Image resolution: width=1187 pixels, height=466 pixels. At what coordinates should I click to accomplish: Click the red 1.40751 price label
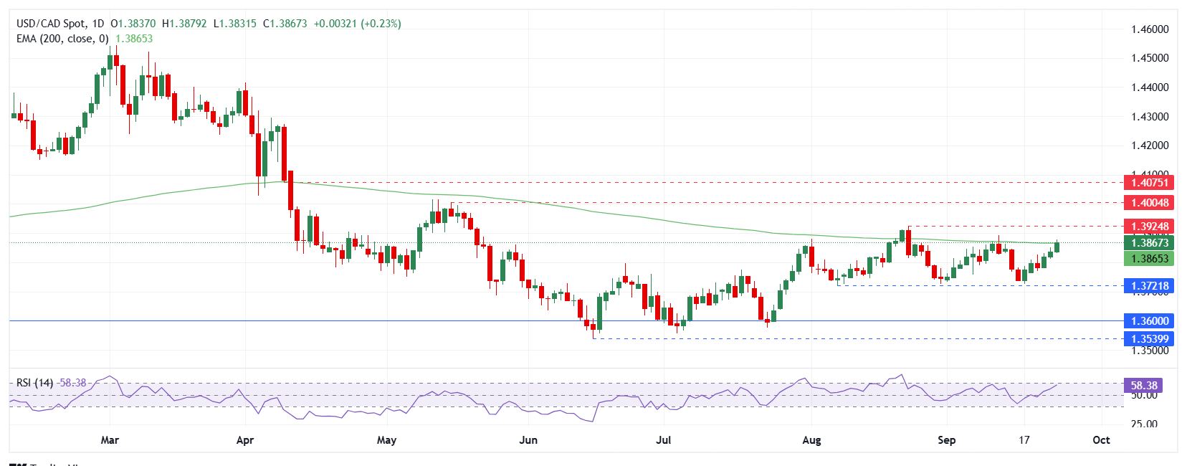coord(1149,183)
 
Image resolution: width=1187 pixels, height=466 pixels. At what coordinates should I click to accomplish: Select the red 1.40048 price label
coord(1149,203)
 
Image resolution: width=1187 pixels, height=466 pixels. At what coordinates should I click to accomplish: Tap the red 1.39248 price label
coord(1149,227)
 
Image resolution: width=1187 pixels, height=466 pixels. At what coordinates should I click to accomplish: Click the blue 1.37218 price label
coord(1149,286)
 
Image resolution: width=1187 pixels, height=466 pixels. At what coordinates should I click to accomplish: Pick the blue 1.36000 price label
coord(1149,321)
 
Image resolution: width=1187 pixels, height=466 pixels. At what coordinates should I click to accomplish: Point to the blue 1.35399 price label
coord(1149,339)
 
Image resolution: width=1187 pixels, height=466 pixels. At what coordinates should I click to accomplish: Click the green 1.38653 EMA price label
coord(1149,259)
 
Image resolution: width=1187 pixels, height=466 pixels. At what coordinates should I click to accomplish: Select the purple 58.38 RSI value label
coord(1143,386)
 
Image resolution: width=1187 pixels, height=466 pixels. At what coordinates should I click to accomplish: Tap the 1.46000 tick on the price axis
coord(1150,29)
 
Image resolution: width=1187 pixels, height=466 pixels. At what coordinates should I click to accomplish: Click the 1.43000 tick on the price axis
coord(1150,117)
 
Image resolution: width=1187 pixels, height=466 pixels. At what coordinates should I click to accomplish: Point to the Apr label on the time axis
coord(245,440)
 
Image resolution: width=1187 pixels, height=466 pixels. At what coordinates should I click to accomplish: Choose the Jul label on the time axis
coord(664,440)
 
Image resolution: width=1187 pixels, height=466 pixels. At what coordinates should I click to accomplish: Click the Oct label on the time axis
coord(1101,440)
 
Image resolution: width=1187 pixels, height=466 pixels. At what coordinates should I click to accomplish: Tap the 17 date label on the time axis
coord(1024,440)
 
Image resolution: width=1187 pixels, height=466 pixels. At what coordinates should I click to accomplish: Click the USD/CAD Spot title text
coord(51,24)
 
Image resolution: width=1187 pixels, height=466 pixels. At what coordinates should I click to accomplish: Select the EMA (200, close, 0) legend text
coord(62,39)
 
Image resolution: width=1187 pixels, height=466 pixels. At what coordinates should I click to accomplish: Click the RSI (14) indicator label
coord(34,383)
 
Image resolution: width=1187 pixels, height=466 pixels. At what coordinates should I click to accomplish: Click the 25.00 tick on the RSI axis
coord(1144,424)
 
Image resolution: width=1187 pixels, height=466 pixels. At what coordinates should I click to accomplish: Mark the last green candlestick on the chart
coord(1057,247)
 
